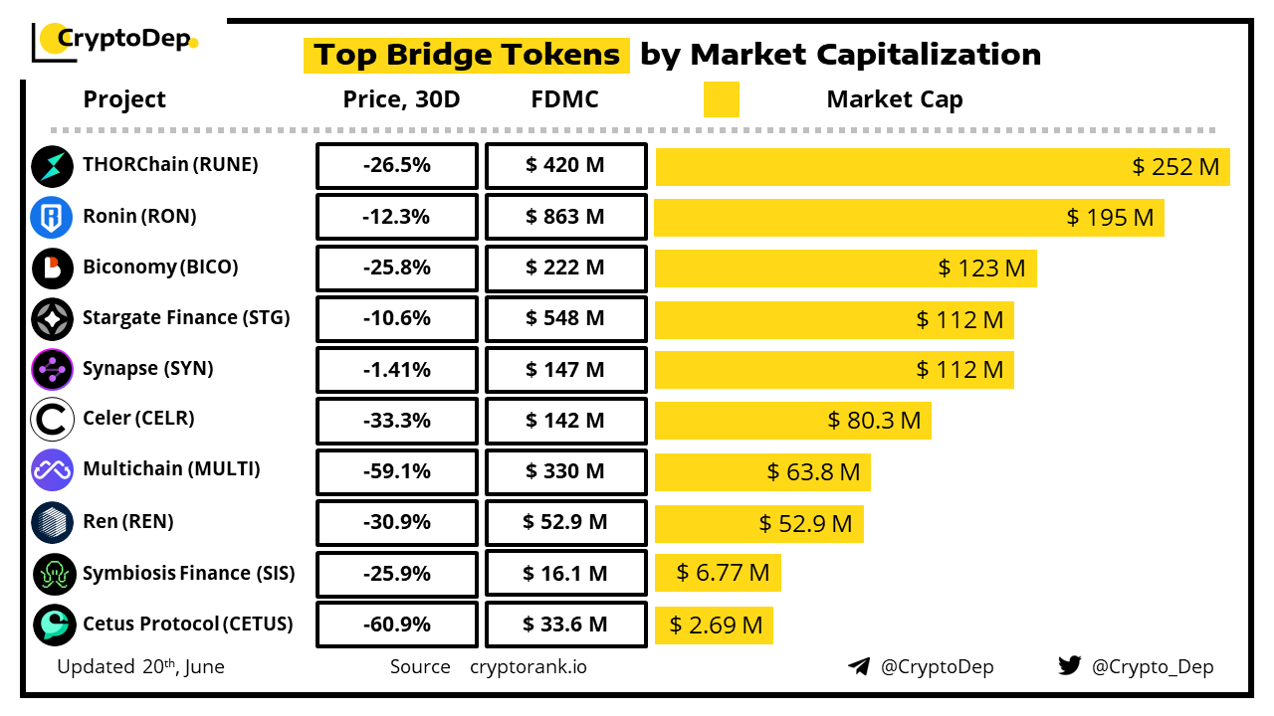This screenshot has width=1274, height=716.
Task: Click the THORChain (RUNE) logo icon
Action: coord(52,166)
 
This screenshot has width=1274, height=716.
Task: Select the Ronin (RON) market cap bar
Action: coord(909,217)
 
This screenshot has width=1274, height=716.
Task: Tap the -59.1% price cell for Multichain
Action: coord(396,471)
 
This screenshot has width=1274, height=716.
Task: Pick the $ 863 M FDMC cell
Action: coord(565,217)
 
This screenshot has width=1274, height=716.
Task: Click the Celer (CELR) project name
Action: coord(138,419)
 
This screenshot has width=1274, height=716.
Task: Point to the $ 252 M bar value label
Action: coord(1175,167)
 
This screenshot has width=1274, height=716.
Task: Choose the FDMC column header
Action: coord(565,99)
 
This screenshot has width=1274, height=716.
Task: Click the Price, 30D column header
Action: coord(401,99)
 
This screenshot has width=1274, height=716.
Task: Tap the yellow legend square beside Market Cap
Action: coord(721,99)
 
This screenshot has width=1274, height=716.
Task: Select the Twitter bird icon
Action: coord(1069,666)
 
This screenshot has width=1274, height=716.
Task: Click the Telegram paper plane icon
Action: coord(859,666)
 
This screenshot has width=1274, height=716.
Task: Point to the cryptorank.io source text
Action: coord(528,666)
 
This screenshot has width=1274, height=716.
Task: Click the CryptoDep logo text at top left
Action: coord(121,39)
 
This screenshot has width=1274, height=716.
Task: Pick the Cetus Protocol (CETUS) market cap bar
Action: coord(714,625)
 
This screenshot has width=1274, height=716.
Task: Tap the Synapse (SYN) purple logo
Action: coord(52,370)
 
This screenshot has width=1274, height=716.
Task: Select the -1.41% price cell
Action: coord(396,370)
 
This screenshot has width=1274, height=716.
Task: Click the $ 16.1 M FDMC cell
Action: coord(565,574)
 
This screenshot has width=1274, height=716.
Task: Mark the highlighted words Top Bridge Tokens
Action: coord(467,55)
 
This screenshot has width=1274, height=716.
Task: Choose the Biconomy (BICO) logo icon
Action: coord(52,268)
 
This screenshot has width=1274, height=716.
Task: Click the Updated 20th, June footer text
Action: coord(140,666)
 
